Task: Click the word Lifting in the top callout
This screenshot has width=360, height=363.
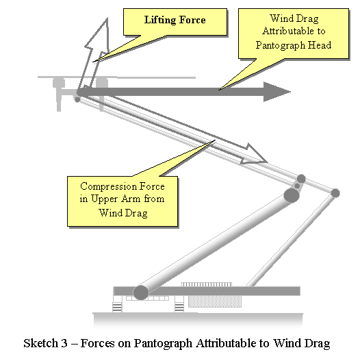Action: (160, 21)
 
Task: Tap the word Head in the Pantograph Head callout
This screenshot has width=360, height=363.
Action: (320, 45)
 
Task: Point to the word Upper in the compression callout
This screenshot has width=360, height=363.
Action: (103, 199)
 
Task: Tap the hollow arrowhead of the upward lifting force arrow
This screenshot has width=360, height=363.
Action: (97, 35)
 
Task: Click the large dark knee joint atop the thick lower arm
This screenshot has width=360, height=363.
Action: (292, 196)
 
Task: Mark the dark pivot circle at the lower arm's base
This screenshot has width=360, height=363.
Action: (141, 292)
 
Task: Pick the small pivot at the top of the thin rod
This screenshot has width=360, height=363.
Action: (335, 193)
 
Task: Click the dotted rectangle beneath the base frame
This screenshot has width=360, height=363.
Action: (215, 301)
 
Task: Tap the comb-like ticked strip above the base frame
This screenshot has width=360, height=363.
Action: (207, 284)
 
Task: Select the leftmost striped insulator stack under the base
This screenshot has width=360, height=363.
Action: (117, 308)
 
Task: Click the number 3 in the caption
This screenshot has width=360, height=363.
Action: (64, 343)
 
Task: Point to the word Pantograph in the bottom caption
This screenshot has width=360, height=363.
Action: (163, 344)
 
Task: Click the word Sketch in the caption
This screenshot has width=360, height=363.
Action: (40, 343)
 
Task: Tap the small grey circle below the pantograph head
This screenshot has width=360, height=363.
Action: (77, 99)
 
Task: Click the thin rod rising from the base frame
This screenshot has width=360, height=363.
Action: (291, 239)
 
